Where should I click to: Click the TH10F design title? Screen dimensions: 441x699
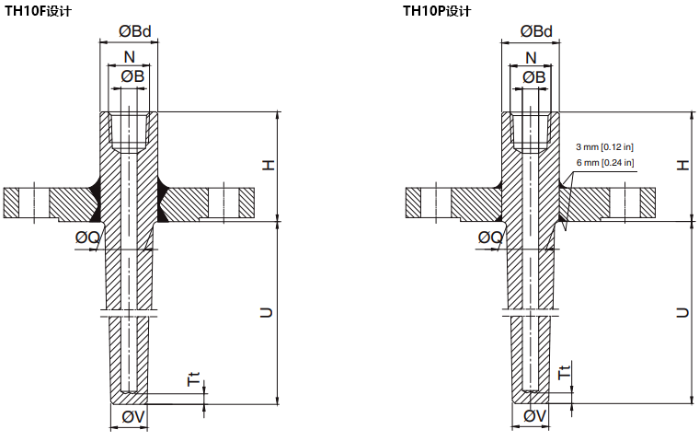[x=38, y=11]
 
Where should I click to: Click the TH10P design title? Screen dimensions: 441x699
[x=437, y=11]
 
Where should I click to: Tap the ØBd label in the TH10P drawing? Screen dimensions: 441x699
[x=535, y=31]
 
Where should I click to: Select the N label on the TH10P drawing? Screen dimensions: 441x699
[x=531, y=57]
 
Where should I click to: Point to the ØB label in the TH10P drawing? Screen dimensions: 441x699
[x=534, y=76]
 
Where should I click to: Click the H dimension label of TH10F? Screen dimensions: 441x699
[x=268, y=165]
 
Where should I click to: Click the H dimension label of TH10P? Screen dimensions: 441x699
[x=682, y=165]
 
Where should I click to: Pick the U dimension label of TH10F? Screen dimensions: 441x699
[x=268, y=313]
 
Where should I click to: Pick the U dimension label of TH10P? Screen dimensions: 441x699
[x=682, y=313]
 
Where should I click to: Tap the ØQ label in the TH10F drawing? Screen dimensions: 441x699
[x=87, y=238]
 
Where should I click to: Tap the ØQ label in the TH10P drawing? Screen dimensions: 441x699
[x=489, y=238]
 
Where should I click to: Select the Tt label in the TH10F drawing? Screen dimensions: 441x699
[x=193, y=378]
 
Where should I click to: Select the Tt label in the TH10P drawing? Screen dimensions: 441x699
[x=564, y=373]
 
